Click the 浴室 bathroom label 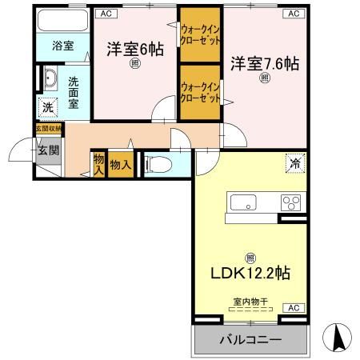[63, 46]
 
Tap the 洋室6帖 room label [135, 50]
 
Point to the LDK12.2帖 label [250, 273]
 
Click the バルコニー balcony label [250, 339]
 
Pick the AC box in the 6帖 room [106, 14]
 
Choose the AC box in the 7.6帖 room [293, 14]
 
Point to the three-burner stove [289, 202]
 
